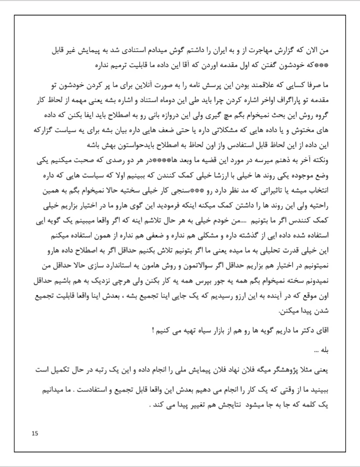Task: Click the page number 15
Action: pos(34,433)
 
